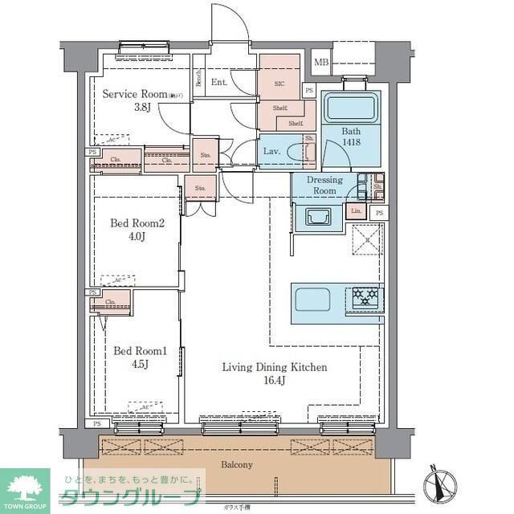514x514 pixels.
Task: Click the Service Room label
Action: (x=133, y=94)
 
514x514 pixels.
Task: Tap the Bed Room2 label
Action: (x=138, y=223)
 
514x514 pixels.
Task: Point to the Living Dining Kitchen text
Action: (x=274, y=367)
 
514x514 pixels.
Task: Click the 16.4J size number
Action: (x=275, y=381)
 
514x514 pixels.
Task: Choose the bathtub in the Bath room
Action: (x=350, y=107)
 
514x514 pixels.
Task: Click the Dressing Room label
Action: (x=324, y=186)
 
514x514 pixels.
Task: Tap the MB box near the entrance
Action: (x=321, y=62)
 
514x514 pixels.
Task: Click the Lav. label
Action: (x=271, y=151)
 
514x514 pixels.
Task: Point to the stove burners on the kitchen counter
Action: (x=365, y=300)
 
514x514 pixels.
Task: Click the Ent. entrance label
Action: (x=219, y=82)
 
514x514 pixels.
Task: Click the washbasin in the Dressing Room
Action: (x=316, y=215)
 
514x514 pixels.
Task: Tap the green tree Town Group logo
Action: (x=24, y=485)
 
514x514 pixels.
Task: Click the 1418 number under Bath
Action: (x=351, y=143)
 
